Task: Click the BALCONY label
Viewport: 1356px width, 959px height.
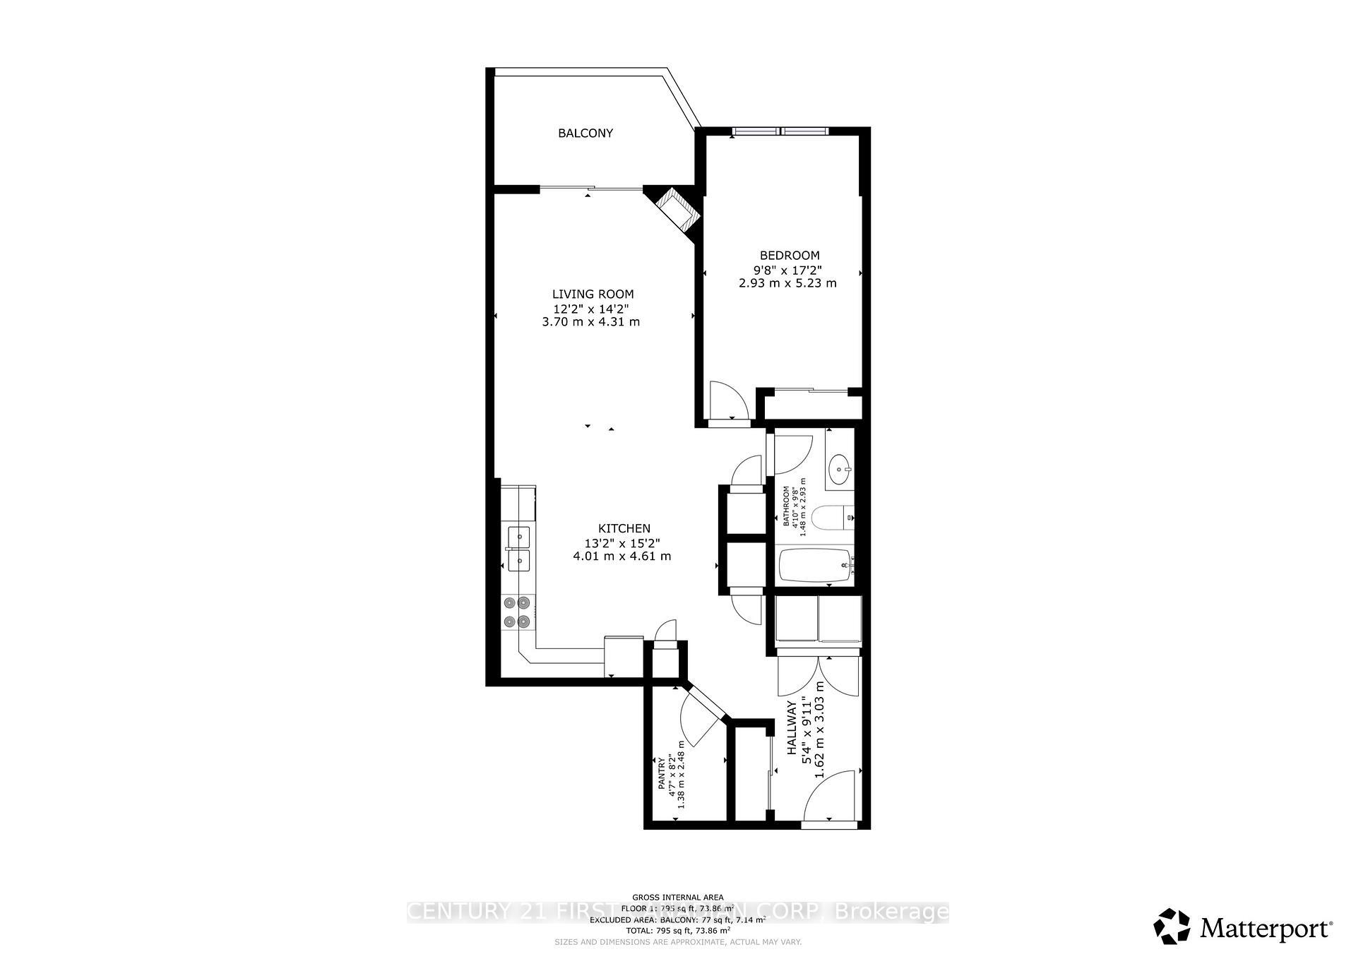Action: [x=585, y=133]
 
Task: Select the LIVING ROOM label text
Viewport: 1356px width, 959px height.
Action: [x=593, y=294]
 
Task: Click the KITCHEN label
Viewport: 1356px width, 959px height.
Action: [x=624, y=528]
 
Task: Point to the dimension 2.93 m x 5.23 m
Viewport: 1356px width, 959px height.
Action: [x=787, y=283]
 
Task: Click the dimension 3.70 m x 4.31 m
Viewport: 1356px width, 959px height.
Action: [x=590, y=322]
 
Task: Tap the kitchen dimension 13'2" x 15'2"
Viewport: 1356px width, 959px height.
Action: [x=621, y=543]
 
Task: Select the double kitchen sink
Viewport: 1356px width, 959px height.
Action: [x=518, y=549]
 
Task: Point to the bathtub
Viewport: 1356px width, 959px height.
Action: [x=816, y=566]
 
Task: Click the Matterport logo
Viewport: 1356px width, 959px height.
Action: [x=1243, y=927]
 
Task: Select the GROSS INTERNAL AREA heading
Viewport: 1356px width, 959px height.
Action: [x=677, y=898]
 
